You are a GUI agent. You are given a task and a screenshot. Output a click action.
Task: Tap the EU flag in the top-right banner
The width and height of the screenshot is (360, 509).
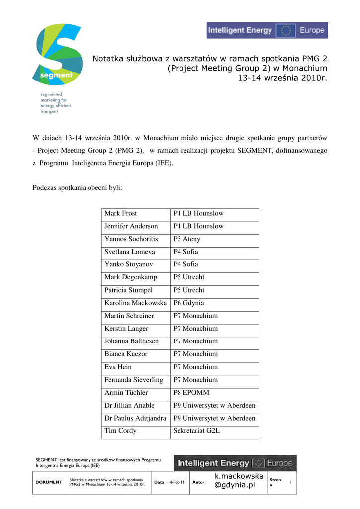(x=286, y=30)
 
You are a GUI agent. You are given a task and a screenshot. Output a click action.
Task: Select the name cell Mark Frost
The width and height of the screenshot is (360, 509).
(x=121, y=213)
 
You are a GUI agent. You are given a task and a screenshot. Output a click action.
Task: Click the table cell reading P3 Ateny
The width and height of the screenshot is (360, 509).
(x=187, y=239)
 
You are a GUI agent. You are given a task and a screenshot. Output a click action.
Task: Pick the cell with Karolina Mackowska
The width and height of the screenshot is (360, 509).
(x=135, y=303)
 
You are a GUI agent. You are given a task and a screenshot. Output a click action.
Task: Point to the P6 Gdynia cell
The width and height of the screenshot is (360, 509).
(x=188, y=303)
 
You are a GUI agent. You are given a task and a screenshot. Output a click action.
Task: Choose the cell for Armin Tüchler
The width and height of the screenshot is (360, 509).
(x=126, y=393)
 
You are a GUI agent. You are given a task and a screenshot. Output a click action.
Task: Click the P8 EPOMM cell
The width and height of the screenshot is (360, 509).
(x=191, y=393)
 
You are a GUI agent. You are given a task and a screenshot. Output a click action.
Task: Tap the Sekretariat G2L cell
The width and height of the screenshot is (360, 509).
(x=196, y=431)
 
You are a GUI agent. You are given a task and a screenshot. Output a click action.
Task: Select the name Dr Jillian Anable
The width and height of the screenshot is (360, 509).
(x=129, y=406)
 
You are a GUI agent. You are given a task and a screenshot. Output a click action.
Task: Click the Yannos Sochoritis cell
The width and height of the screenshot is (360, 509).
(x=131, y=239)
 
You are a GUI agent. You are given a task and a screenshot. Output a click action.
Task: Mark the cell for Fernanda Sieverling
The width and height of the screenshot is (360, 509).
(x=134, y=380)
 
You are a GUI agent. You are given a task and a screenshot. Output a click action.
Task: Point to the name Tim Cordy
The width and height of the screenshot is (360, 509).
(x=120, y=431)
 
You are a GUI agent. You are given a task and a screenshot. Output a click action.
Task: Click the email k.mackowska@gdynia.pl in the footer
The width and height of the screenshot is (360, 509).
(x=239, y=481)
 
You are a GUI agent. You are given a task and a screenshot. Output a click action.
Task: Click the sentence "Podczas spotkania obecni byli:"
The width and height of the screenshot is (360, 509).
(x=77, y=188)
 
